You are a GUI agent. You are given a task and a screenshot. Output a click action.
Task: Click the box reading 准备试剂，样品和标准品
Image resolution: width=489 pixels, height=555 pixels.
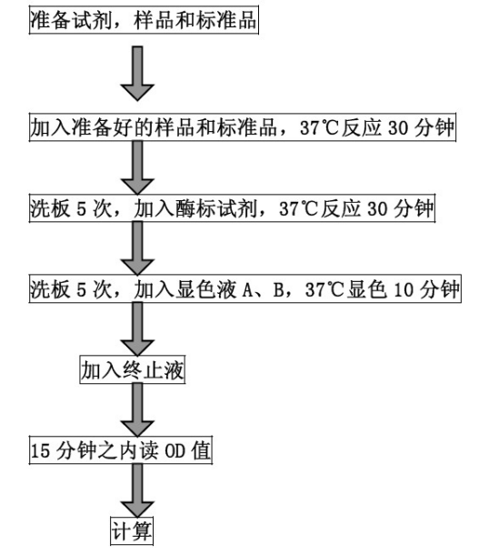pyautogui.click(x=144, y=20)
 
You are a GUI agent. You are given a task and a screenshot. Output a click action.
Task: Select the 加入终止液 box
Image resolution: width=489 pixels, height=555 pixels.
pyautogui.click(x=132, y=370)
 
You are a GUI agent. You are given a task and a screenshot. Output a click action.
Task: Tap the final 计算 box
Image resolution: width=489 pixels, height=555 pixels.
pyautogui.click(x=132, y=531)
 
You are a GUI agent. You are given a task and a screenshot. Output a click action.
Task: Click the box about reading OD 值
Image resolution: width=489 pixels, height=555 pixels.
pyautogui.click(x=121, y=450)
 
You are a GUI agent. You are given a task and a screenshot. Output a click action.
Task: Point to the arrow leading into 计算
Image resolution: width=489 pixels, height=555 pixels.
pyautogui.click(x=137, y=490)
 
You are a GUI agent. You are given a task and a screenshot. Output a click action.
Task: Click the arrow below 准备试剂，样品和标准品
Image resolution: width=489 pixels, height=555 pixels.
pyautogui.click(x=137, y=74)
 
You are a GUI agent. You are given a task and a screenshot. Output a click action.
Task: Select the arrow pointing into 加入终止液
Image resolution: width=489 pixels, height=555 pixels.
pyautogui.click(x=137, y=329)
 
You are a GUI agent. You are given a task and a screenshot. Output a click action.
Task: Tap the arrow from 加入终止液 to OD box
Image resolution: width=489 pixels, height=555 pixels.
pyautogui.click(x=137, y=409)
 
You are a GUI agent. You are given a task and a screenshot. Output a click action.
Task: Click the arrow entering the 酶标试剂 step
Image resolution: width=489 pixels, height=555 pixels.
pyautogui.click(x=137, y=167)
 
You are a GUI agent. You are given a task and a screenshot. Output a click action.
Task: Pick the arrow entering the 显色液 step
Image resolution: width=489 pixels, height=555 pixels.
pyautogui.click(x=137, y=248)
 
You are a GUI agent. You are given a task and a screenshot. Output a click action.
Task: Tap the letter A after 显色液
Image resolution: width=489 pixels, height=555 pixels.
pyautogui.click(x=248, y=290)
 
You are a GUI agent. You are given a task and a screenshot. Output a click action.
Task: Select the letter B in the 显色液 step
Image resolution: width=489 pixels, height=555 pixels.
pyautogui.click(x=279, y=290)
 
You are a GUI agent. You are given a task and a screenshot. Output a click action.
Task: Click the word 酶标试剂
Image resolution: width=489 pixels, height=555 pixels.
pyautogui.click(x=216, y=208)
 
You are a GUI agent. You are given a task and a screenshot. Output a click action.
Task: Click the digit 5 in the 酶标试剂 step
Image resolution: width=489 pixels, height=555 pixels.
pyautogui.click(x=81, y=209)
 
